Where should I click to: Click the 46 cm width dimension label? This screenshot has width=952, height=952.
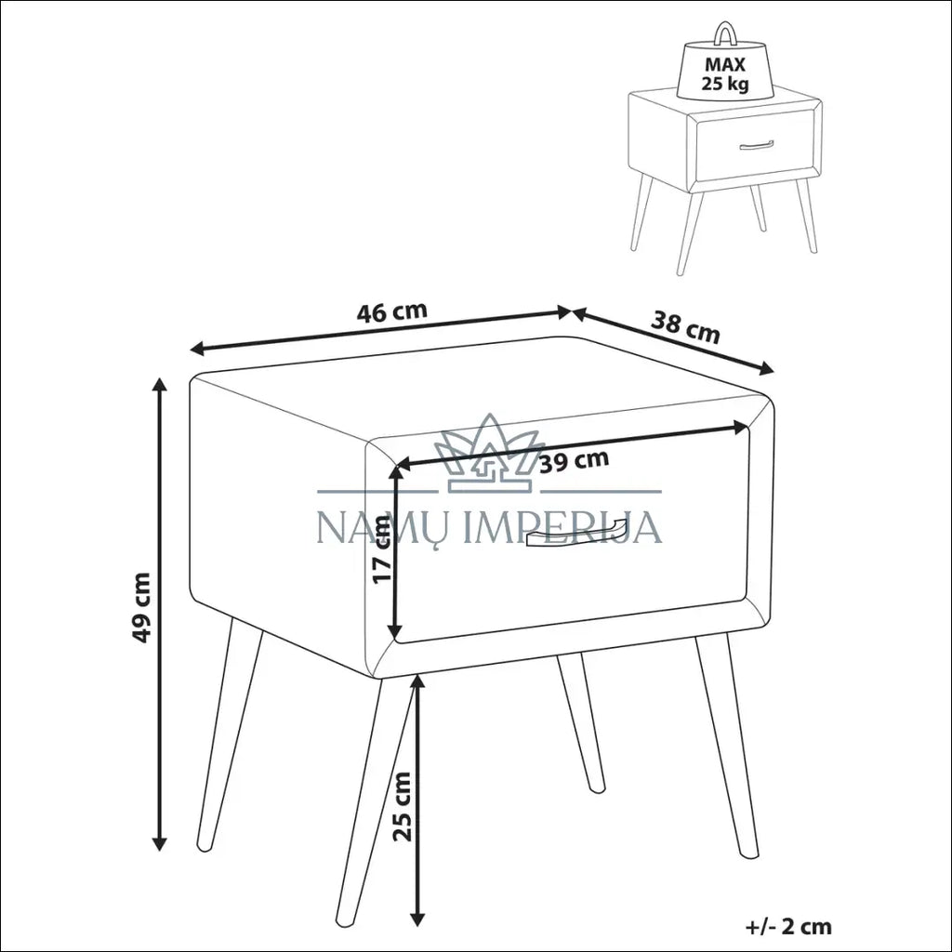click(391, 311)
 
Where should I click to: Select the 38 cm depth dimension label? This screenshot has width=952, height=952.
click(685, 327)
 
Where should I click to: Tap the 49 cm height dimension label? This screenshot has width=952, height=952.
click(141, 607)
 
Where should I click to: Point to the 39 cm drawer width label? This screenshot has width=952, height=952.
click(574, 461)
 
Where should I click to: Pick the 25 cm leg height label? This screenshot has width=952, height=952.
click(402, 806)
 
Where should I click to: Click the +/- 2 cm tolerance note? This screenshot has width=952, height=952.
click(788, 926)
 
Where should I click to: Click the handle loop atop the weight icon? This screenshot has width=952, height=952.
click(724, 34)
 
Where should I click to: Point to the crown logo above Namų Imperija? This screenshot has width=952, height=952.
click(490, 453)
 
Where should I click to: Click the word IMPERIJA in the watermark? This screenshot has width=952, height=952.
click(562, 526)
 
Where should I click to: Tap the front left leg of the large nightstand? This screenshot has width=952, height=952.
click(230, 736)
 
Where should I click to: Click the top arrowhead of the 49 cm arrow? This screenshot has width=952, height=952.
click(160, 386)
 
